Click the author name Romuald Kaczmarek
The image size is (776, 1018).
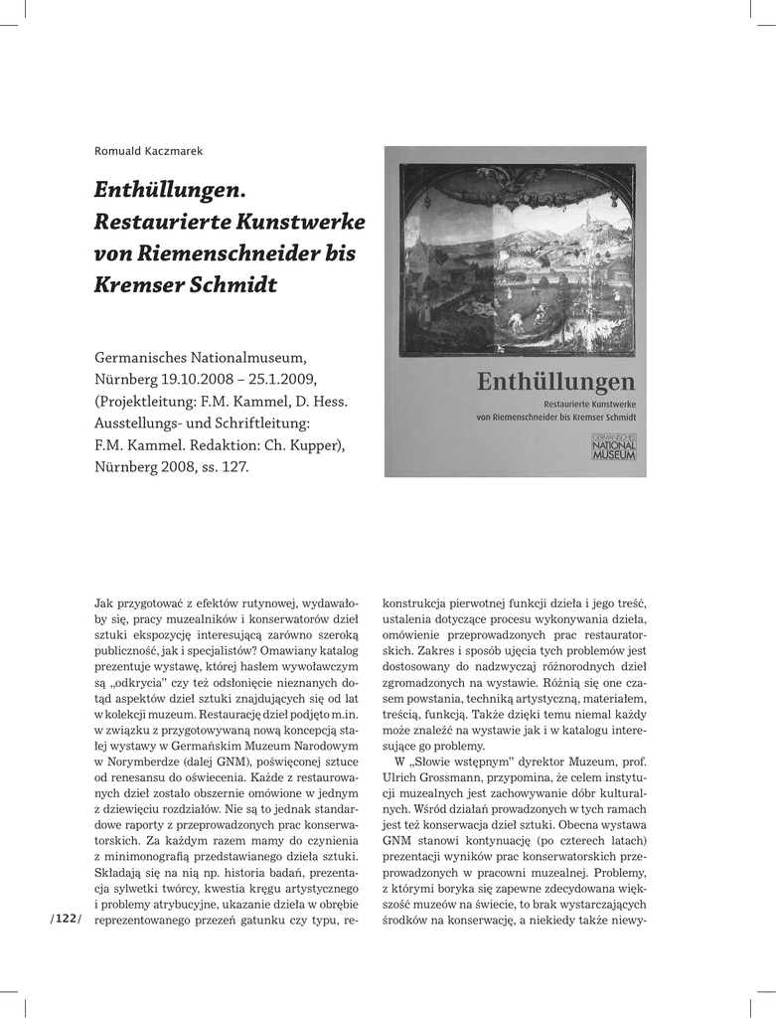(148, 151)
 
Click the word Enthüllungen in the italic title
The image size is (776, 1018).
(169, 189)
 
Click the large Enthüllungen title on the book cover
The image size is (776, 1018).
(555, 381)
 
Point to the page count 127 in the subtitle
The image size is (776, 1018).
(233, 466)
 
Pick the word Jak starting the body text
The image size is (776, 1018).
(104, 602)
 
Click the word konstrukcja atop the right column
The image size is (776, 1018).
(420, 602)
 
